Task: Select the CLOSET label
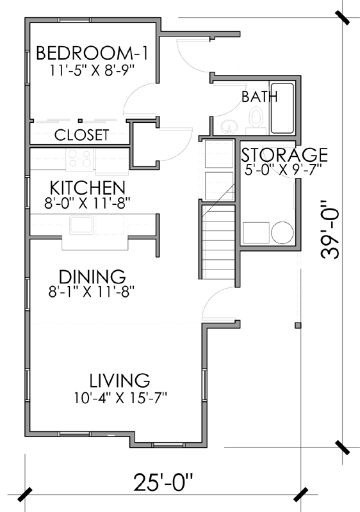(x=81, y=135)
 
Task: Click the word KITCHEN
(x=87, y=188)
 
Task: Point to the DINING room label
(x=92, y=277)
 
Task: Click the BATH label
(x=259, y=97)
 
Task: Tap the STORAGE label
(x=284, y=155)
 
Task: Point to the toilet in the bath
(x=256, y=119)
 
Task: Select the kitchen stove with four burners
(x=81, y=158)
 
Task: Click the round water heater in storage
(x=281, y=232)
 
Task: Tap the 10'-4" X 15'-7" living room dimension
(x=120, y=397)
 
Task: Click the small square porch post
(x=297, y=325)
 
